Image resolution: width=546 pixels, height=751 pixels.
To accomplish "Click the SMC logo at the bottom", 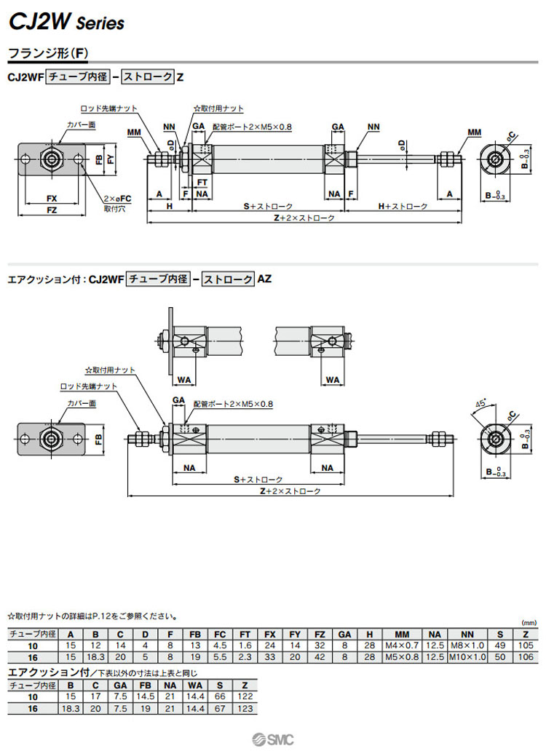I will click(x=273, y=739).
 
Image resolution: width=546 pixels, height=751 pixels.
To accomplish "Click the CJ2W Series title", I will click(x=66, y=23).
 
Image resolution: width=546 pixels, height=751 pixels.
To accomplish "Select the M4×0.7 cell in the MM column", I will click(x=401, y=645).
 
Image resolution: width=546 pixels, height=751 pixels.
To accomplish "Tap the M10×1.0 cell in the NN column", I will click(x=467, y=657).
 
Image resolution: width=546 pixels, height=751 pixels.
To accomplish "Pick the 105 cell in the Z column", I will click(x=526, y=645).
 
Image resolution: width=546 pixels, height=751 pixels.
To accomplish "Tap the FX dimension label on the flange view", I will click(x=52, y=198).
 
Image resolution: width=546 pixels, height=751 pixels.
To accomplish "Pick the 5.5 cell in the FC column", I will click(x=221, y=657).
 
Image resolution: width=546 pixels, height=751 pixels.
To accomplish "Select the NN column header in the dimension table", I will click(x=467, y=634).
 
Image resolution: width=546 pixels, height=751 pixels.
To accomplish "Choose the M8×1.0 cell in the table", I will click(x=467, y=645).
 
